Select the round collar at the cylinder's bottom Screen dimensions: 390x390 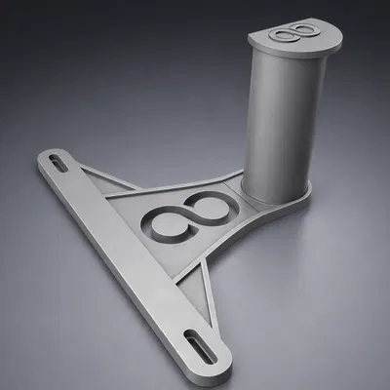coord(278,198)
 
